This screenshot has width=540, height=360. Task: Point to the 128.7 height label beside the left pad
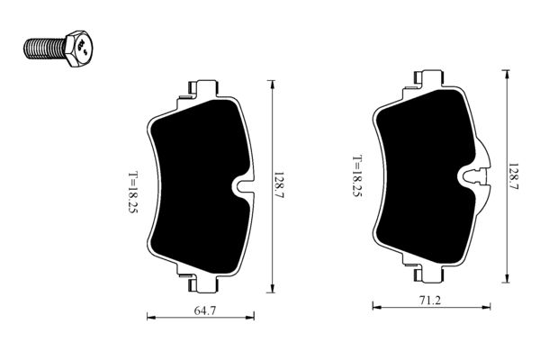point(281,186)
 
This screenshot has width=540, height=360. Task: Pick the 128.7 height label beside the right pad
point(514,176)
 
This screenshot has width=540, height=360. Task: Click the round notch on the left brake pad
point(243,187)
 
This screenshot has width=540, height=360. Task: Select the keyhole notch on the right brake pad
point(474,176)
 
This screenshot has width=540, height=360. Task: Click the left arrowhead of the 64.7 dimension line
point(149,316)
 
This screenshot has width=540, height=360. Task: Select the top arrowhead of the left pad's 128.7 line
point(271,83)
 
